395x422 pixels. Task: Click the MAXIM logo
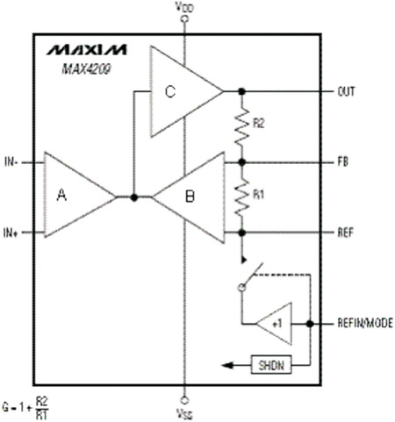pos(87,50)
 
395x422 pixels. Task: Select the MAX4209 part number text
pos(86,69)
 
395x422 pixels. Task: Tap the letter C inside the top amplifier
pos(170,91)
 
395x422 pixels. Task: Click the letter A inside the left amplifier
pos(61,195)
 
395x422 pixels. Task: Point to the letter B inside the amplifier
pos(190,197)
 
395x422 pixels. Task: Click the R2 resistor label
pos(259,124)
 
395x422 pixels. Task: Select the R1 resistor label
pos(258,194)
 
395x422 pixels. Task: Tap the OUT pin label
pos(346,91)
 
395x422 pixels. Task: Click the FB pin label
pos(343,161)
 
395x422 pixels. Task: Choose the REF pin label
pos(346,232)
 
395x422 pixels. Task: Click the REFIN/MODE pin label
pos(365,323)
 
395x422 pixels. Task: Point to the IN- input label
pos(11,161)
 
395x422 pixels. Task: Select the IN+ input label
pos(11,233)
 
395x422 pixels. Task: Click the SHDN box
pos(271,365)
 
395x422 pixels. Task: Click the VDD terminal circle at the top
pos(184,19)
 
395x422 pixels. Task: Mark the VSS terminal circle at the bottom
pos(184,400)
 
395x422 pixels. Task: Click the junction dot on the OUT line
pos(241,91)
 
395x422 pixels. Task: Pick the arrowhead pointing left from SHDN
pos(227,365)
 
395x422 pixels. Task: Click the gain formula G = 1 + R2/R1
pos(25,408)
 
